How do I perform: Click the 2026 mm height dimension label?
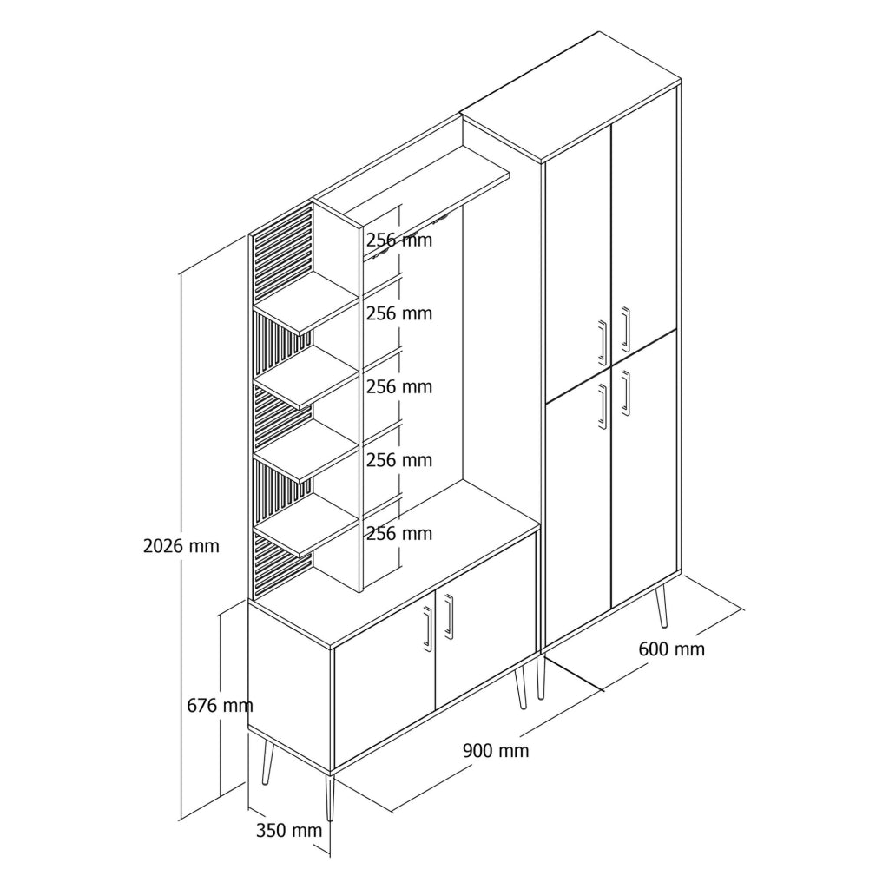pos(181,546)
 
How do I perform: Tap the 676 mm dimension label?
pos(220,705)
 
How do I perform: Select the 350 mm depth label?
pos(289,831)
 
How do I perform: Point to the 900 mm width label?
pos(496,751)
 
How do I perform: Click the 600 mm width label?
pos(672,649)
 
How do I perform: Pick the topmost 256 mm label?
pos(399,240)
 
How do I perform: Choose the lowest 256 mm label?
pos(399,534)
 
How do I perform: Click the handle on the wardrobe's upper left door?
pos(603,342)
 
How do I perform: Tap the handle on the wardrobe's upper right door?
pos(625,329)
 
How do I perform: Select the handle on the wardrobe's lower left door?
pos(603,406)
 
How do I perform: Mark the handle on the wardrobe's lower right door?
pos(625,393)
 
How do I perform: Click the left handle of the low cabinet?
pos(427,629)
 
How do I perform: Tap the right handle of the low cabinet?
pos(449,617)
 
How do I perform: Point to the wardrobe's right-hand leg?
pos(661,607)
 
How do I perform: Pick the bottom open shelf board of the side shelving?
pos(306,524)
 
